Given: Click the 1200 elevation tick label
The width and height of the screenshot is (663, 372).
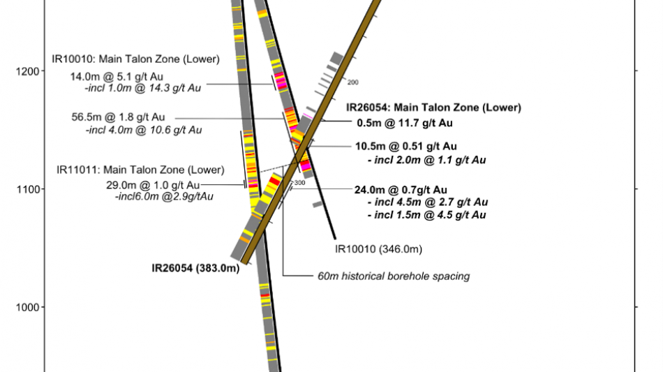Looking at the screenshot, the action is (27, 71).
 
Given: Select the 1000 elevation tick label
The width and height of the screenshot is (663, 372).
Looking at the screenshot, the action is (28, 307).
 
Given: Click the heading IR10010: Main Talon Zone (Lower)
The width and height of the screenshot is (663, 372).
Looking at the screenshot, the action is (135, 59).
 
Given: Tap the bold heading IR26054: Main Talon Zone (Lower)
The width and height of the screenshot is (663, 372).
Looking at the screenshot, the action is (433, 107).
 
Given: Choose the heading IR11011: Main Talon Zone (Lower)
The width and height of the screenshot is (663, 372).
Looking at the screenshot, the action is (140, 170).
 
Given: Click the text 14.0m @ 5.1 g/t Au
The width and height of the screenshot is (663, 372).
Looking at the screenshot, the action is (117, 77).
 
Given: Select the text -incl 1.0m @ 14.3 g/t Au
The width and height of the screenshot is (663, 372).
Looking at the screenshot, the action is (143, 88).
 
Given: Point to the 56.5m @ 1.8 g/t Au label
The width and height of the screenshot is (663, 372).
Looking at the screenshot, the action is (118, 117).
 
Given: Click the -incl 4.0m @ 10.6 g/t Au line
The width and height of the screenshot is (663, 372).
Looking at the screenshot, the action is (144, 130).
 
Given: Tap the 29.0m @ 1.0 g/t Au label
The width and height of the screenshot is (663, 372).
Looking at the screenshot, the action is (153, 185).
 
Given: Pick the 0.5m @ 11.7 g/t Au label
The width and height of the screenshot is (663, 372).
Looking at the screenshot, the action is (405, 123).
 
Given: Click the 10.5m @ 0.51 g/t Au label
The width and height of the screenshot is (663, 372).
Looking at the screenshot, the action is (406, 147).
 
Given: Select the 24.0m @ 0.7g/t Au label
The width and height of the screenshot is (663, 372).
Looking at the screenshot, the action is (401, 190).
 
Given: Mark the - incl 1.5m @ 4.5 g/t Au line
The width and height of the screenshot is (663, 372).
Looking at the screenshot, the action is (427, 215).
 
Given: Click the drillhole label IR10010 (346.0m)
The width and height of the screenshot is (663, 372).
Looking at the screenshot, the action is (378, 249).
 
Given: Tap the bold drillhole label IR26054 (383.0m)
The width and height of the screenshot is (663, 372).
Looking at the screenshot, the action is (196, 268).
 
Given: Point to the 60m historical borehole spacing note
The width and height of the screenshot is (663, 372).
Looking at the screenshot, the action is (394, 276).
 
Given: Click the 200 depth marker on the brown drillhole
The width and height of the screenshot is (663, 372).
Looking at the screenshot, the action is (353, 82).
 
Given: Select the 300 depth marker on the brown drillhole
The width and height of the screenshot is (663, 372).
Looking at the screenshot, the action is (300, 183).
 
